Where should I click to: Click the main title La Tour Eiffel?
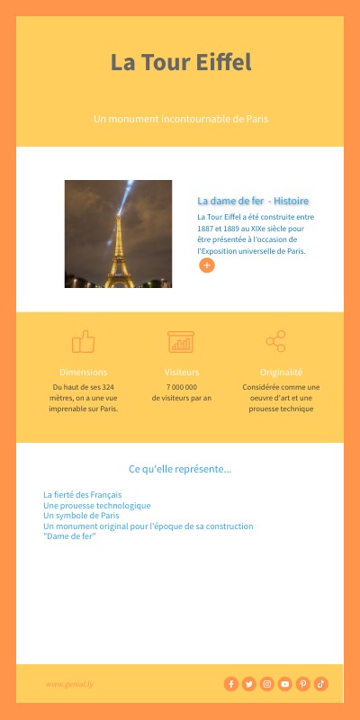coord(180,63)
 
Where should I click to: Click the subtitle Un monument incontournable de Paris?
coord(181,119)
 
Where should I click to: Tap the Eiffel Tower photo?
coord(118,234)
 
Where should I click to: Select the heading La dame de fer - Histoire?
coord(253,200)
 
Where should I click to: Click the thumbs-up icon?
coord(83,341)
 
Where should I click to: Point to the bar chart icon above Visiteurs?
coord(181,342)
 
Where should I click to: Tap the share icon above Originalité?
coord(275,341)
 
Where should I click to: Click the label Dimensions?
coord(83,372)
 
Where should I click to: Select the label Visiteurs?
coord(182,372)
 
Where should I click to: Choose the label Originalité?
coord(281,372)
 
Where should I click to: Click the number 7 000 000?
coord(182,387)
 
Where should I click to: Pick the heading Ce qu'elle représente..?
coord(180,469)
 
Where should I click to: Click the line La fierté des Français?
coord(82,495)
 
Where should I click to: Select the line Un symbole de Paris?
coord(81,516)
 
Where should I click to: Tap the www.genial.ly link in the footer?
coord(69,684)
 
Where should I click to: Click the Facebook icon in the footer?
coord(231,684)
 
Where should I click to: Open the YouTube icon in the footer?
coord(285,684)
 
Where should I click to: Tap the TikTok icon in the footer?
coord(321,684)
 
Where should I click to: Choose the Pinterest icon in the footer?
coord(303,684)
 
